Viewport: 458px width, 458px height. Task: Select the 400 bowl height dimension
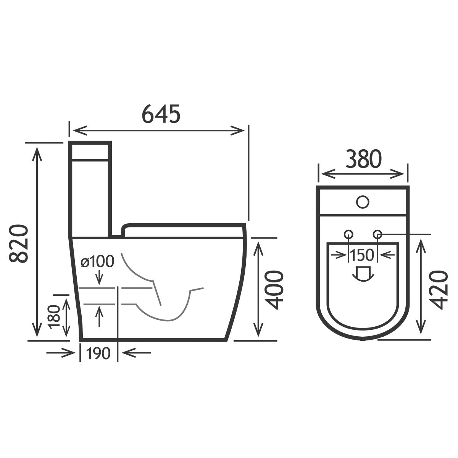275,290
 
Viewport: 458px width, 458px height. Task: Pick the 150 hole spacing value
363,255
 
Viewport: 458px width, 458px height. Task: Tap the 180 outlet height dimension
54,316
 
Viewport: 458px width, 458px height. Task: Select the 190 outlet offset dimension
98,354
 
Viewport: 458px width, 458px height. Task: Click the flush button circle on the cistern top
363,201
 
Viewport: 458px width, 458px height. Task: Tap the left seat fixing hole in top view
348,234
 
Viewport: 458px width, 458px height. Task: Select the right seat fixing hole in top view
377,234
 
